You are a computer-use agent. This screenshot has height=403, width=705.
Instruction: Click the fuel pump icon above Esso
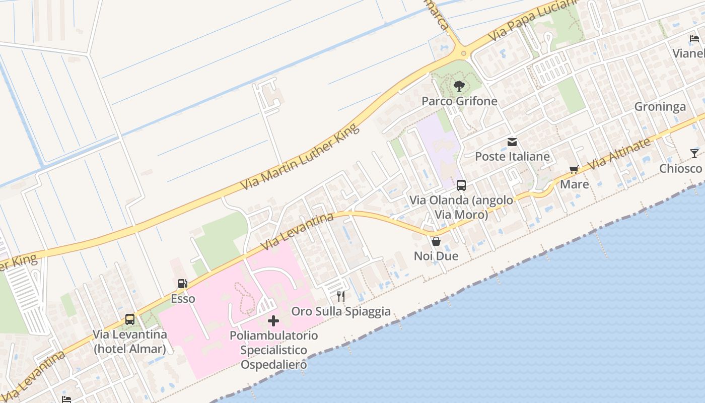point(182,284)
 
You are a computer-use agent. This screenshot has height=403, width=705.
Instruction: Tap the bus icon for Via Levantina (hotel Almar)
point(130,319)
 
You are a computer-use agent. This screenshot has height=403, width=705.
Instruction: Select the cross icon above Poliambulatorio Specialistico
point(273,321)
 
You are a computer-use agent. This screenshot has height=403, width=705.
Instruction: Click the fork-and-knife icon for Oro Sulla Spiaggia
point(341,297)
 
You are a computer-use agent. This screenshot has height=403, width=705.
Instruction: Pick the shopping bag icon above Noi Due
point(436,241)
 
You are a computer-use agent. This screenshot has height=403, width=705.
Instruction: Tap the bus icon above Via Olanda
point(461,185)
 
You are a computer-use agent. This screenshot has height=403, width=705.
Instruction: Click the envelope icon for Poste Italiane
point(512,142)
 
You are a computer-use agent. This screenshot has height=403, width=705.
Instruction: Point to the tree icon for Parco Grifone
point(459,87)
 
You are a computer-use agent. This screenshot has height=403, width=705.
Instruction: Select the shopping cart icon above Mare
point(574,169)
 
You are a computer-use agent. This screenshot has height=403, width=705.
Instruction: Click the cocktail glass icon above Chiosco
point(694,154)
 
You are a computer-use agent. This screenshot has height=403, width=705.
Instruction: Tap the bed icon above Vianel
point(694,39)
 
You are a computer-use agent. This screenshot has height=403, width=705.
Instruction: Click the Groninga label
point(660,107)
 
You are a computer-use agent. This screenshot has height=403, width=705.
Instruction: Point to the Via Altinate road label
point(619,154)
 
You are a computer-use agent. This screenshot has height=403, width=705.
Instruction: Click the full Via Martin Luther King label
point(300,157)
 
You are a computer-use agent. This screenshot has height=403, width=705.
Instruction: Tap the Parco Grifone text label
point(459,101)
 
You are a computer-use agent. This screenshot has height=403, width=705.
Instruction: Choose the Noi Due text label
point(436,256)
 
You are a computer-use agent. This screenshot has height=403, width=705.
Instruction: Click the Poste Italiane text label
point(512,157)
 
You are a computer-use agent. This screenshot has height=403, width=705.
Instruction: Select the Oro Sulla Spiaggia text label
point(341,311)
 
